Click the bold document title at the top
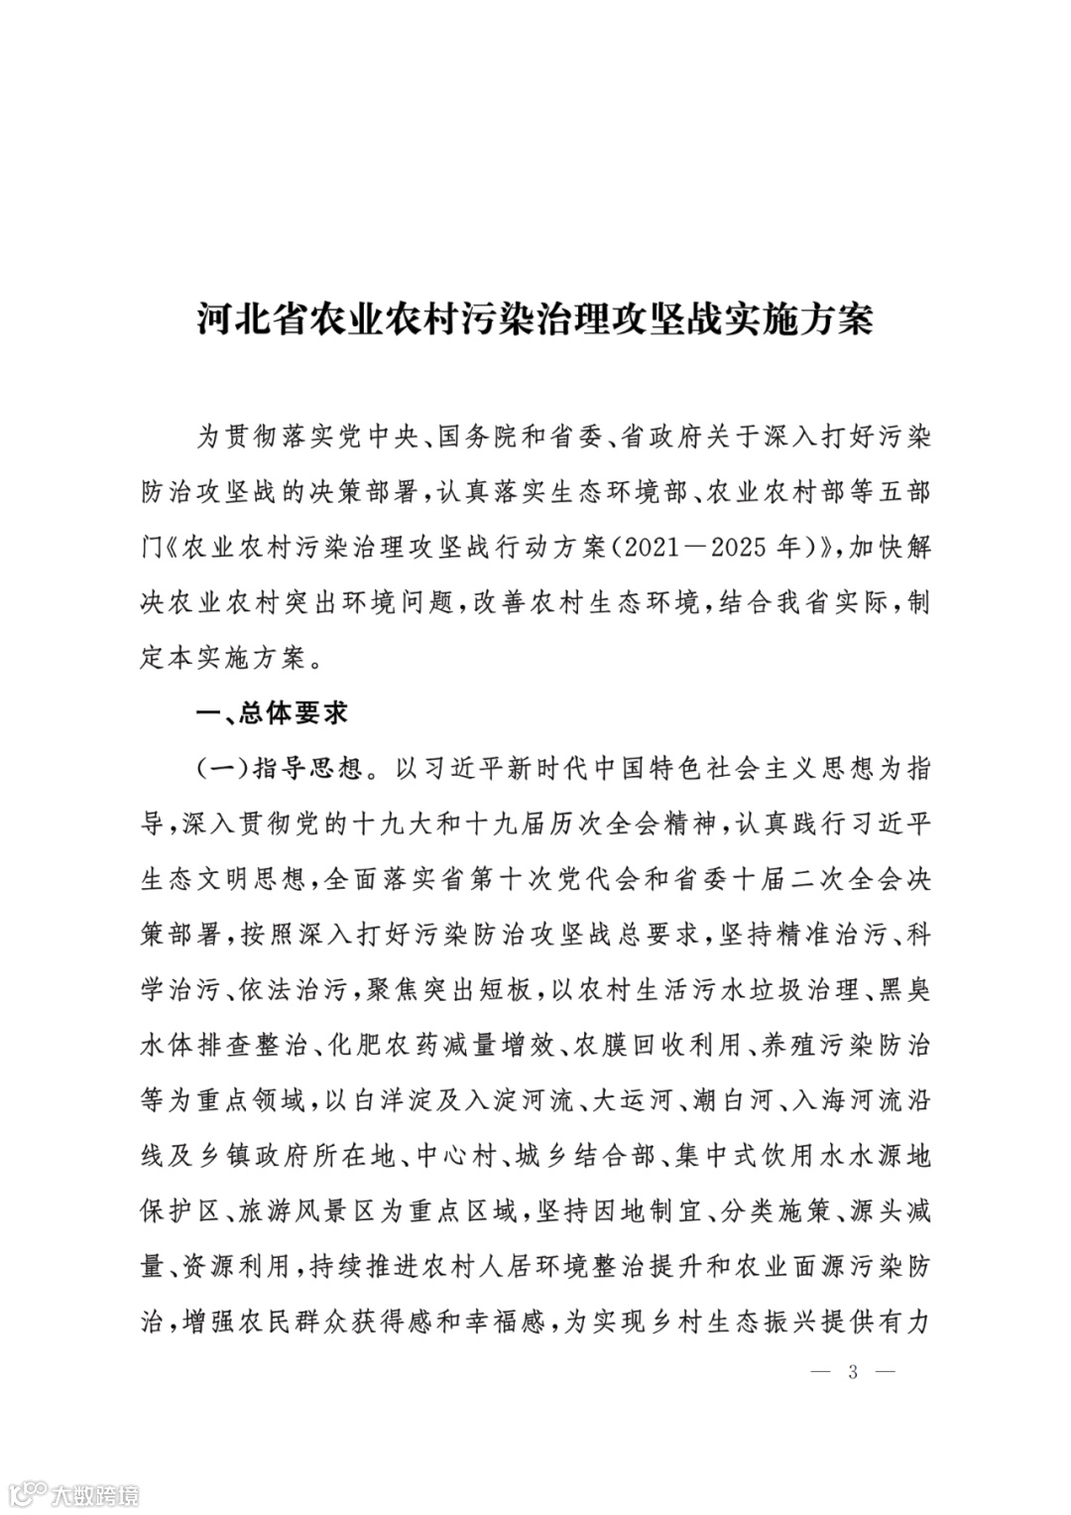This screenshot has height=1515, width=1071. click(535, 319)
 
